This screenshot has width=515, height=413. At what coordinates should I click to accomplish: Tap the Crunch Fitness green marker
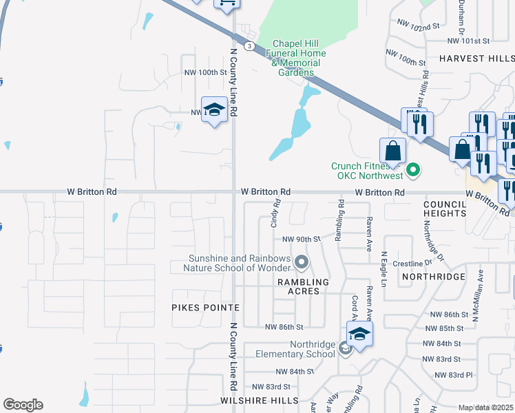pos(413,169)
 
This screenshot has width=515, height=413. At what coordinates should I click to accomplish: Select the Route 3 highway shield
pos(250,45)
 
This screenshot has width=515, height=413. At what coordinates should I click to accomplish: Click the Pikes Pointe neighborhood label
pos(205,307)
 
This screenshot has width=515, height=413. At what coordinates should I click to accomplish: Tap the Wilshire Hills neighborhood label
pos(260,400)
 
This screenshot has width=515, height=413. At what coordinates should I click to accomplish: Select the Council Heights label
pos(445,209)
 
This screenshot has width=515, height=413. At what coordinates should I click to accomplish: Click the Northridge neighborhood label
pos(434,276)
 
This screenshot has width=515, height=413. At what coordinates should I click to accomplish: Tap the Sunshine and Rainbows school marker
pos(301,262)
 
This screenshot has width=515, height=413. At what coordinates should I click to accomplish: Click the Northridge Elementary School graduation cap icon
pos(359,335)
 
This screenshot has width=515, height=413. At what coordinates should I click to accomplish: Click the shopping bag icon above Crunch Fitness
pos(392,151)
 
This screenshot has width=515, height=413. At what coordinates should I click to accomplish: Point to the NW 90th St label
pos(302,239)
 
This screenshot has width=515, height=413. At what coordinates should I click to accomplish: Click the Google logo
pos(23,405)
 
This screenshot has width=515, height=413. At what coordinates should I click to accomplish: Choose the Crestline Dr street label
pos(411,263)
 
